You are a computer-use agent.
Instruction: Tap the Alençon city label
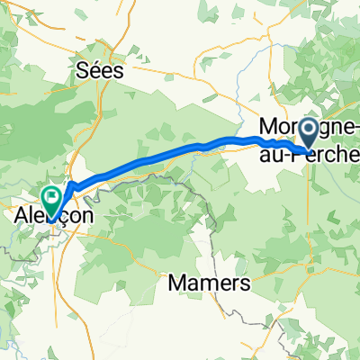(49, 215)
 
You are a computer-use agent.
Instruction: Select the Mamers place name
(209, 283)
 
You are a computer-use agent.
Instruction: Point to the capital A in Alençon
(22, 215)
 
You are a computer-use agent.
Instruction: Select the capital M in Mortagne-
(266, 127)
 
